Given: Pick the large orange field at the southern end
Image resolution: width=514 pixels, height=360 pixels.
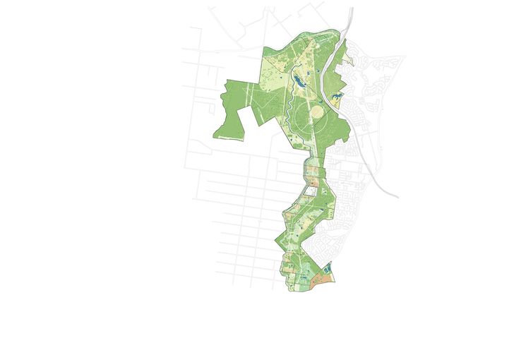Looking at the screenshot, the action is pos(322,279).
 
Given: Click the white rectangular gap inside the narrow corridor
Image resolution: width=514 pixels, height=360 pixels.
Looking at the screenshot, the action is pos(311,191).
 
